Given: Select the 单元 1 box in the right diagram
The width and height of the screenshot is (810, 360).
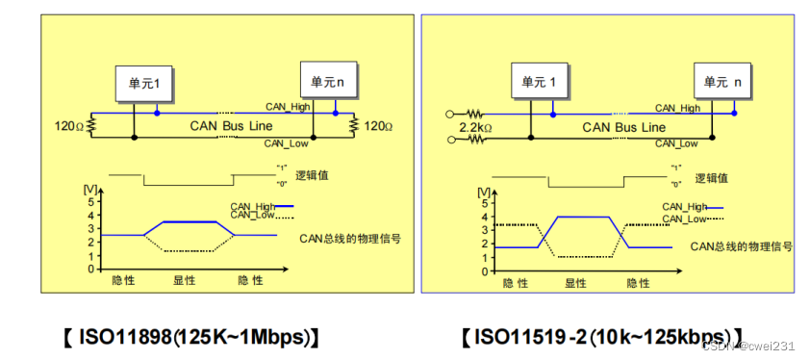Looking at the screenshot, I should (541, 83).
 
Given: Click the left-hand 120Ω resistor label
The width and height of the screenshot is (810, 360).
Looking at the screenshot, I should (70, 126).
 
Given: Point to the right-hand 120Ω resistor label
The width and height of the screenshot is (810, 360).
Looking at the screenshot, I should (377, 126).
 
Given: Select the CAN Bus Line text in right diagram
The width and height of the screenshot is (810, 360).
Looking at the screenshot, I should (622, 126).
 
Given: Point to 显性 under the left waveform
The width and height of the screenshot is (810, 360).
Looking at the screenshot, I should (184, 280).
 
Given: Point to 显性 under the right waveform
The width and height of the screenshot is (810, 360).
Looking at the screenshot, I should (576, 283).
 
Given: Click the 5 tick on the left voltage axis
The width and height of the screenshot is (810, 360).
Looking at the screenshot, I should (90, 202).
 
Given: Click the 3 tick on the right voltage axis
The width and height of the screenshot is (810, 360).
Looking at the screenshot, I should (481, 232).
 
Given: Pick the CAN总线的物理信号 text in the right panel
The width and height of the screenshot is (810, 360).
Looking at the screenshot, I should (741, 246).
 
